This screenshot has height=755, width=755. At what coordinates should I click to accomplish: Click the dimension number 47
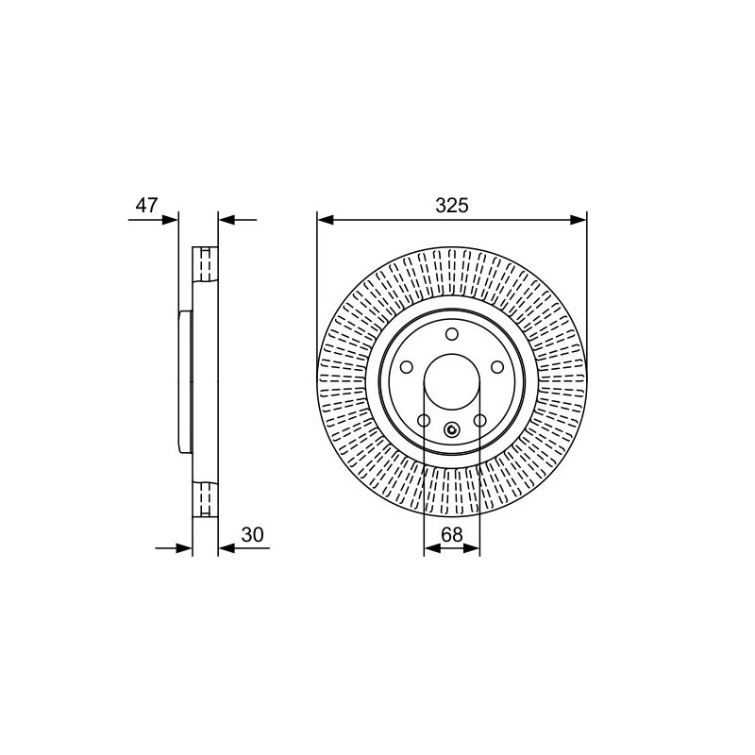coord(146,205)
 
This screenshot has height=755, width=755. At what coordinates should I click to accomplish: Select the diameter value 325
coord(452,206)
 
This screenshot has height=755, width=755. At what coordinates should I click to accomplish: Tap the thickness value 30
coord(253,534)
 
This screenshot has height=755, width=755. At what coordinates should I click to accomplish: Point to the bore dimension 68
coord(452,534)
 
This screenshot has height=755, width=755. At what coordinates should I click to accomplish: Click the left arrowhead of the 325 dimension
coord(326,220)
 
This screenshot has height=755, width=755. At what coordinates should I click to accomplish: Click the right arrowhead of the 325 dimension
coord(579,220)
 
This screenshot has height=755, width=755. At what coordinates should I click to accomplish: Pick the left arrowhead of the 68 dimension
coord(432,548)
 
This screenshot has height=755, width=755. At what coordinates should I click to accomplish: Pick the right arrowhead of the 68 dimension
coord(472,548)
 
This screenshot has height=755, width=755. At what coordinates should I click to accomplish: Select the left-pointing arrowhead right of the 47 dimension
coord(226,220)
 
